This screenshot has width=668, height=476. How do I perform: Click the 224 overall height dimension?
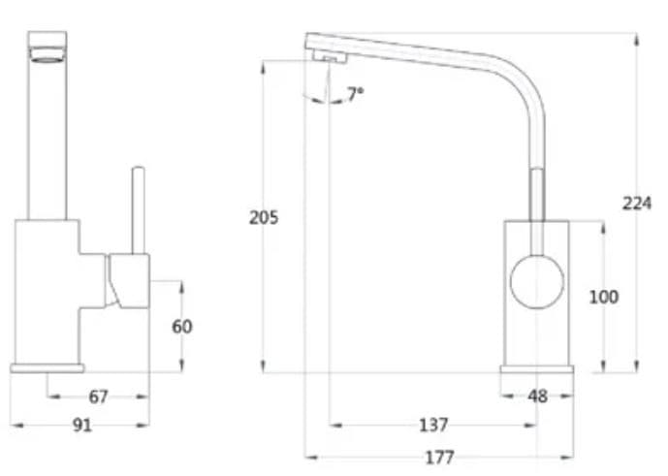(636, 203)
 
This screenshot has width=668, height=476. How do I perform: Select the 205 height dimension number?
(263, 217)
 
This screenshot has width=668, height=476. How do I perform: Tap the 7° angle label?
(356, 94)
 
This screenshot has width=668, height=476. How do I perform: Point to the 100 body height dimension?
(603, 297)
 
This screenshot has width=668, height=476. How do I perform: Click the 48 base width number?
(537, 397)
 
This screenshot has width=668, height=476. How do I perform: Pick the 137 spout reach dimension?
(433, 425)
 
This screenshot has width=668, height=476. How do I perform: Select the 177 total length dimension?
(439, 457)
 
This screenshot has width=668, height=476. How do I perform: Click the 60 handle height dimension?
(181, 327)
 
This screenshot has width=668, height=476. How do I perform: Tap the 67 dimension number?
(98, 397)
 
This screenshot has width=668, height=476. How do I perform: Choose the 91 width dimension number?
(82, 425)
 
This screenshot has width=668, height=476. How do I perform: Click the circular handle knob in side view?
(536, 282)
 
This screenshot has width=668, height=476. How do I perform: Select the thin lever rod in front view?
(138, 209)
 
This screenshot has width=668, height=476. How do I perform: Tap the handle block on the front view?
(129, 280)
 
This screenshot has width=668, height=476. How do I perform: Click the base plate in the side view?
(536, 370)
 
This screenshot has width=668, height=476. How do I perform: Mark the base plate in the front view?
(47, 367)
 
